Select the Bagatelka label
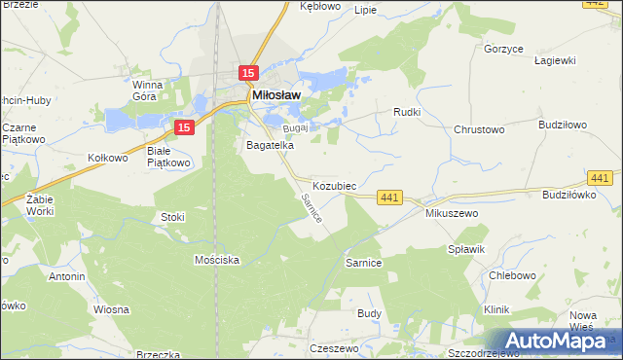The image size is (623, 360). tap(270, 145)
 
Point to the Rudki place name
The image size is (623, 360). tap(406, 112)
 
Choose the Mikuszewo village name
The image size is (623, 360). tap(448, 212)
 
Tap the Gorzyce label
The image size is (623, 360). tap(504, 48)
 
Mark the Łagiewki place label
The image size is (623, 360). tap(556, 60)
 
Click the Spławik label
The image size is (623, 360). tap(466, 249)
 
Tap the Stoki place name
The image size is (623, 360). tap(172, 217)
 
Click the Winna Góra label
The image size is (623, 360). tap(153, 90)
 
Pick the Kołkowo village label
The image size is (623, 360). tap(108, 158)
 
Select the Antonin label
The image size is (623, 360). tap(66, 276)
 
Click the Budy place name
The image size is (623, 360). tap(369, 313)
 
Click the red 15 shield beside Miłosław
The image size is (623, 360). tap(248, 73)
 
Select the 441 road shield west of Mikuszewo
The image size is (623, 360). tap(389, 198)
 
